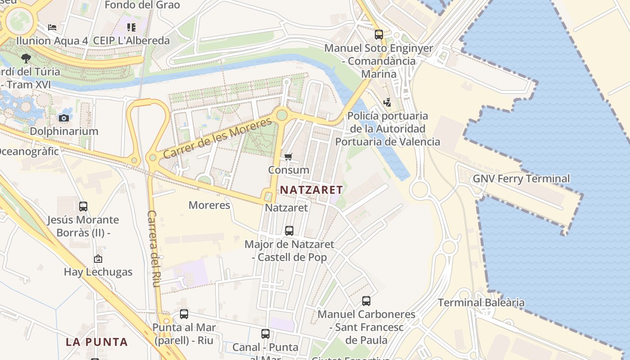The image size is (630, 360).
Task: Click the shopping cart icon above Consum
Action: pyautogui.click(x=288, y=157)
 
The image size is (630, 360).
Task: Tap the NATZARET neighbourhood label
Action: pyautogui.click(x=311, y=190)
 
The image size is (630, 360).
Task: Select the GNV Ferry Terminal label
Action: pyautogui.click(x=521, y=179)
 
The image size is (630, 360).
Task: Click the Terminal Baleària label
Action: pyautogui.click(x=481, y=302)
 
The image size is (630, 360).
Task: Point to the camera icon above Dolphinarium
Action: pyautogui.click(x=64, y=118)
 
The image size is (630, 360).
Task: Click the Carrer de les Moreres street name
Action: pyautogui.click(x=218, y=138)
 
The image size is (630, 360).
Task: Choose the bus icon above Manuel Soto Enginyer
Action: pyautogui.click(x=379, y=34)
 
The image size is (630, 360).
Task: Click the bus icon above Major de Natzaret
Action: pyautogui.click(x=289, y=231)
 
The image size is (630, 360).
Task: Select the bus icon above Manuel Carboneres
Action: pyautogui.click(x=366, y=301)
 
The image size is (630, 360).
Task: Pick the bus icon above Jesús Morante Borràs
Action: pyautogui.click(x=83, y=207)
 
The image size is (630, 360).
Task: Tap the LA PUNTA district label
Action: pyautogui.click(x=97, y=342)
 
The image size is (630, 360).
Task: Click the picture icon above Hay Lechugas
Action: pyautogui.click(x=98, y=259)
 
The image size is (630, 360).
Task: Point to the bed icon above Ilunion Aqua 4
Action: pyautogui.click(x=52, y=27)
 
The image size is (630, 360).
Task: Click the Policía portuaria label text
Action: pyautogui.click(x=387, y=116)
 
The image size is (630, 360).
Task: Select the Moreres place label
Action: pyautogui.click(x=209, y=205)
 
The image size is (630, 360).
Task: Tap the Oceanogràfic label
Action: pyautogui.click(x=29, y=151)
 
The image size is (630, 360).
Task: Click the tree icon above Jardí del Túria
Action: pyautogui.click(x=26, y=58)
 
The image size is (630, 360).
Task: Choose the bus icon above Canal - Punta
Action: pyautogui.click(x=265, y=334)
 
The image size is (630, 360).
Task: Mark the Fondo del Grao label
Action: pyautogui.click(x=142, y=5)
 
